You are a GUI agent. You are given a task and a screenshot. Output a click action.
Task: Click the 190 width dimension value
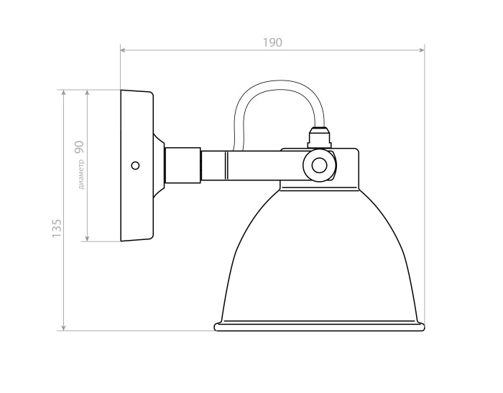(x=272, y=42)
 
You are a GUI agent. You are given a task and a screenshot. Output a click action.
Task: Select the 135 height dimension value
(x=57, y=228)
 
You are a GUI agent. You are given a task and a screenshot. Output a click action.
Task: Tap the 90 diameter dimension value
(x=80, y=147)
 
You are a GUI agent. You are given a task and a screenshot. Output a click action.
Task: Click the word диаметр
(x=82, y=175)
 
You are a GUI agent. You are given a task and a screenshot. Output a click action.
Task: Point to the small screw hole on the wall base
(x=135, y=165)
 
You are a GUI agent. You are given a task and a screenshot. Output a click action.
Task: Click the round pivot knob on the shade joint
(x=318, y=166)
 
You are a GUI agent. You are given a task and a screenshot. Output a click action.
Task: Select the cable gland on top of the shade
(x=319, y=137)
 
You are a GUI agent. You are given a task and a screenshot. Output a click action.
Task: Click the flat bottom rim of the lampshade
(x=320, y=327)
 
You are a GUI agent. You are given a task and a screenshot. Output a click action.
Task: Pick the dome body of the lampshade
(x=320, y=259)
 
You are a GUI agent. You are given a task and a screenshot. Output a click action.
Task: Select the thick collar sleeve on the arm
(x=183, y=165)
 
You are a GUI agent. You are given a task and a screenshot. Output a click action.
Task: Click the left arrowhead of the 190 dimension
(x=124, y=50)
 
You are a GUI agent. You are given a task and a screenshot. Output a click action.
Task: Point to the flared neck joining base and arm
(x=159, y=165)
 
